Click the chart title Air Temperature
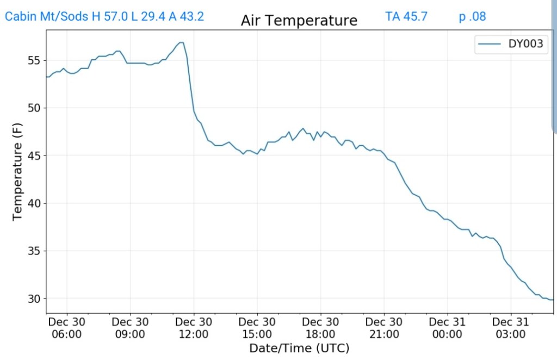pos(299,21)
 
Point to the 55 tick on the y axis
pos(34,60)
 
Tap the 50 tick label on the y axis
pos(34,108)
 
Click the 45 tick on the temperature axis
pos(34,156)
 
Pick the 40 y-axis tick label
pos(34,203)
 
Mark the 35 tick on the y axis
pos(34,251)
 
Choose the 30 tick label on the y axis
pos(34,299)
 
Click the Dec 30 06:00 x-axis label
pos(66,327)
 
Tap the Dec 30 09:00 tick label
pos(130,327)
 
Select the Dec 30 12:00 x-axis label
pos(194,327)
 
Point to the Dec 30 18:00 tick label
pos(320,327)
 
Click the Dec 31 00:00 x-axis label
pos(447,327)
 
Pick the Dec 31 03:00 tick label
pos(511,327)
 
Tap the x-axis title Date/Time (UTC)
pos(299,348)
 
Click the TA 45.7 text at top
pos(406,16)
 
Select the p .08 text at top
pos(472,16)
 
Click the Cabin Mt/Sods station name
pos(46,16)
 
